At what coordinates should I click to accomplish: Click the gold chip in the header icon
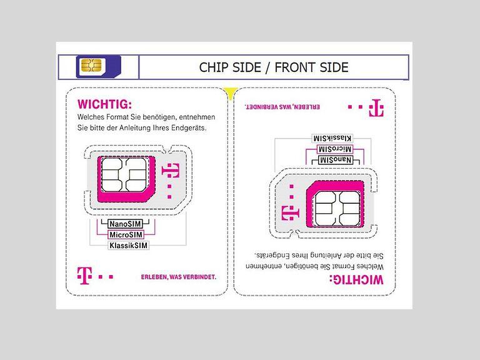click(x=91, y=65)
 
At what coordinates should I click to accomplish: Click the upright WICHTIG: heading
click(x=105, y=104)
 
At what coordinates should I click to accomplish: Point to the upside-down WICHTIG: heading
click(x=357, y=280)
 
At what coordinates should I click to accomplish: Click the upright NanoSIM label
click(x=126, y=224)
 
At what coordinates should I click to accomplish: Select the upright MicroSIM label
click(x=126, y=235)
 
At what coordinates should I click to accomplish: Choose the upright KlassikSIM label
click(x=129, y=246)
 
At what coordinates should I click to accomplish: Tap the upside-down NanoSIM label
click(x=335, y=160)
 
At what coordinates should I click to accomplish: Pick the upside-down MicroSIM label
click(x=334, y=149)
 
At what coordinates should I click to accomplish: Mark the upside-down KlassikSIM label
click(x=332, y=138)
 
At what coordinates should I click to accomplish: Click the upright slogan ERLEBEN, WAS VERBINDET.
click(x=179, y=277)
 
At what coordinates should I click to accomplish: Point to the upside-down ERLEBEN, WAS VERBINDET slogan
click(x=282, y=107)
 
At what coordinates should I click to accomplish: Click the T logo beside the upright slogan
click(x=84, y=276)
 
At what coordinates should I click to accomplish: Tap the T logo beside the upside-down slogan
click(x=376, y=108)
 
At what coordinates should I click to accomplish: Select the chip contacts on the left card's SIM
click(x=124, y=175)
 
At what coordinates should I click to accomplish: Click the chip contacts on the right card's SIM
click(x=337, y=209)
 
